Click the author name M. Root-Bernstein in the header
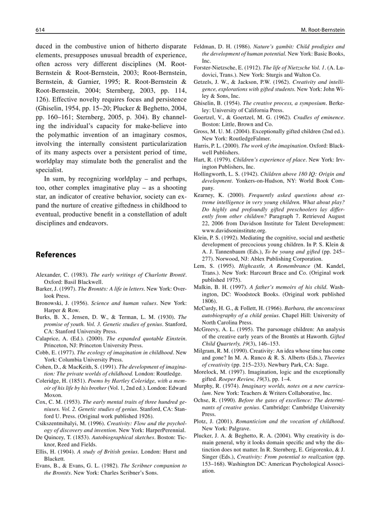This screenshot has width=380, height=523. point(322,30)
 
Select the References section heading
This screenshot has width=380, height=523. point(55,255)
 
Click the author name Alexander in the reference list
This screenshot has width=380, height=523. point(48,275)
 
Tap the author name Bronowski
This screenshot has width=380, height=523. point(50,303)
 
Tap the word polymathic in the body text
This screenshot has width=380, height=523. point(61,135)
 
